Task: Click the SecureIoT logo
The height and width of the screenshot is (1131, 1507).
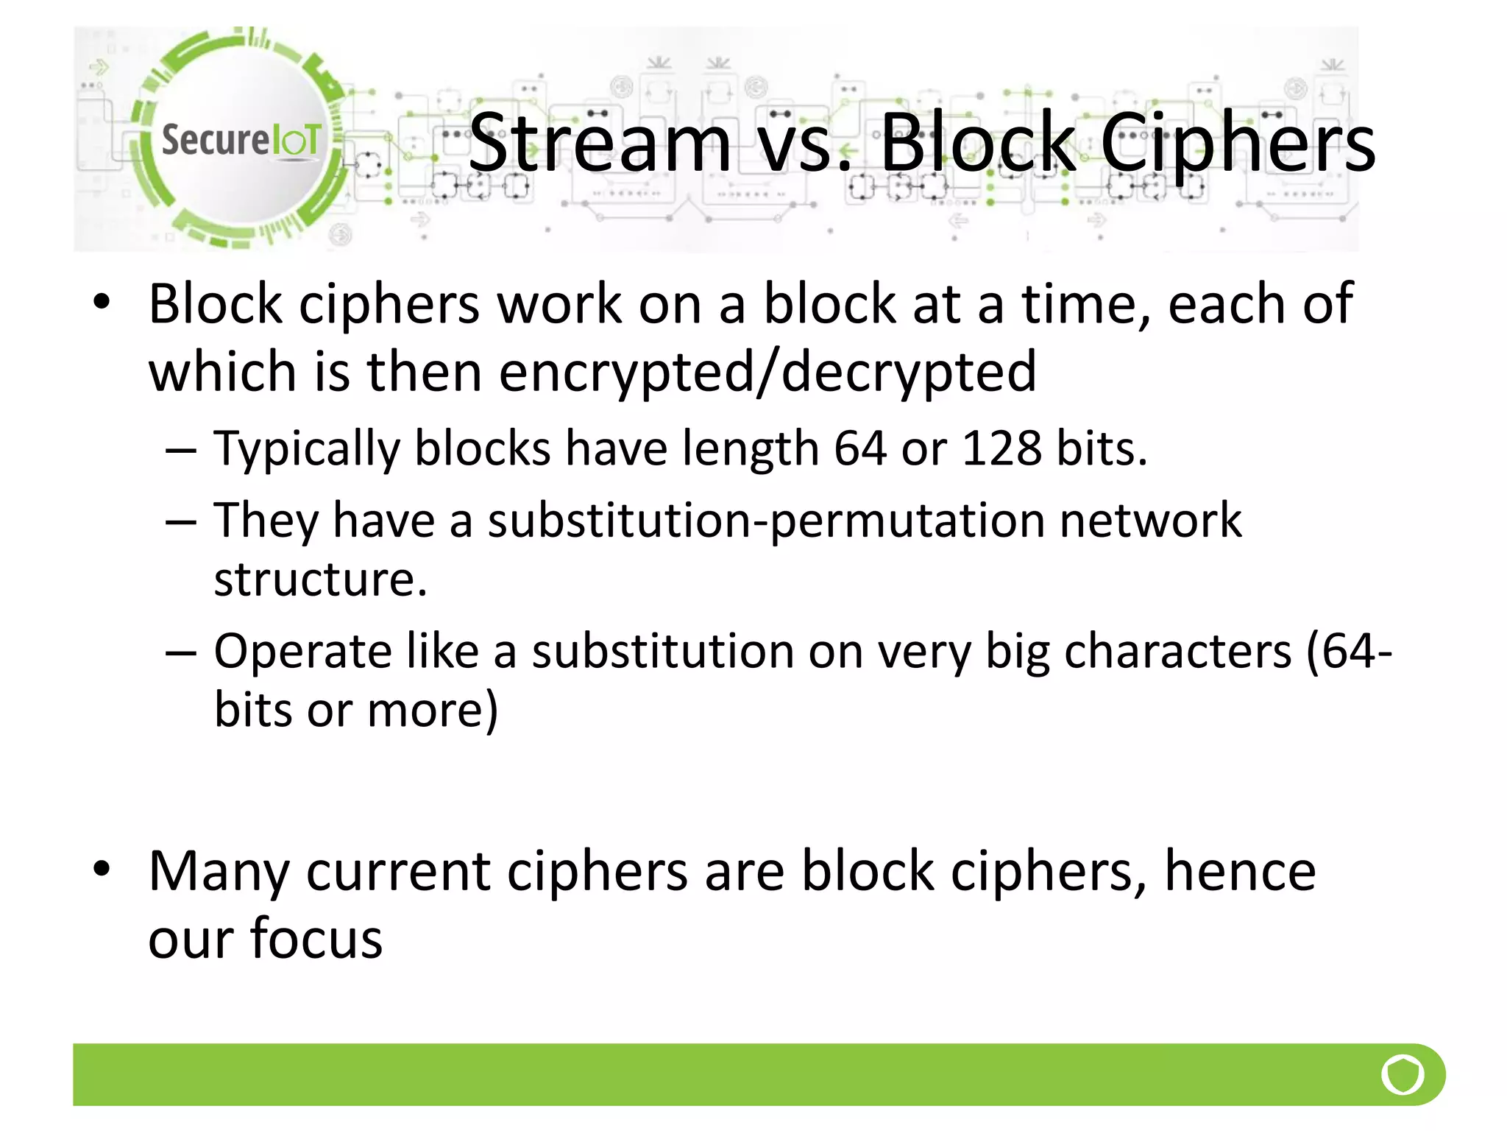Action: [239, 138]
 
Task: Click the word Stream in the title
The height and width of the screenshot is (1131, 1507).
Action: [600, 143]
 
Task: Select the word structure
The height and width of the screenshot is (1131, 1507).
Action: [320, 579]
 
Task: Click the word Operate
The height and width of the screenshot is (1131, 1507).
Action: [302, 652]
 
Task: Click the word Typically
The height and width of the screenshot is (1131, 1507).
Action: [306, 450]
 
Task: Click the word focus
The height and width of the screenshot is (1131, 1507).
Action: [316, 939]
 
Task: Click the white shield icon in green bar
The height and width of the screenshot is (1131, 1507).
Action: [1403, 1074]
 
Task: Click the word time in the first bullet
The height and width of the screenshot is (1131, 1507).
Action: [1085, 303]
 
